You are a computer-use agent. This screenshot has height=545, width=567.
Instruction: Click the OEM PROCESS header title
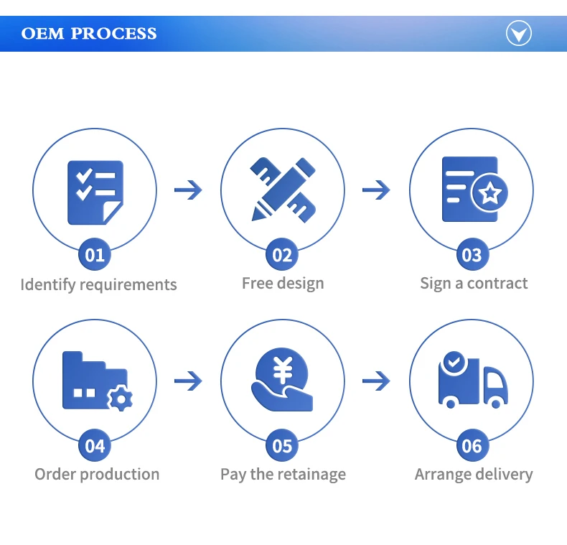click(89, 34)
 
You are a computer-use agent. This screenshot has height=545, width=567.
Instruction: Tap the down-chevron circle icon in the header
click(518, 33)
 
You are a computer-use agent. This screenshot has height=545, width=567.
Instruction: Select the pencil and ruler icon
click(283, 190)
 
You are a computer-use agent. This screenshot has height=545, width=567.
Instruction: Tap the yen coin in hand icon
click(283, 381)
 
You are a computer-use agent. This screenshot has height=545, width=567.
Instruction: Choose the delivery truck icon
click(472, 381)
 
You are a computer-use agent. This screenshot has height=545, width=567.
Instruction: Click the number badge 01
click(95, 255)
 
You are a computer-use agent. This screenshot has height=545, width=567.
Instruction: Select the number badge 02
click(283, 255)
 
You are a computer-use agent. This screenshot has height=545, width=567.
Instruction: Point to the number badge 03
click(472, 255)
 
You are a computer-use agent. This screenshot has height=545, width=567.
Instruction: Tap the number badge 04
click(95, 446)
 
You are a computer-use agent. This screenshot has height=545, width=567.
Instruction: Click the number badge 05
click(283, 446)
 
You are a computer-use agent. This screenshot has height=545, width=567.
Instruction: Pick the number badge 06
click(472, 446)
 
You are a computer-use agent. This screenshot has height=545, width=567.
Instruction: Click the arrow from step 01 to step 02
click(188, 190)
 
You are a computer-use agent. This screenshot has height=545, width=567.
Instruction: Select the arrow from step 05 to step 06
click(376, 381)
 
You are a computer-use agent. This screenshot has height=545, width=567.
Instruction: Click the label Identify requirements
click(98, 284)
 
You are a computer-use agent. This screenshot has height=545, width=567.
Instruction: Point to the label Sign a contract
click(474, 283)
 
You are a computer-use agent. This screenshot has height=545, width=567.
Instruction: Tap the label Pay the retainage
click(283, 474)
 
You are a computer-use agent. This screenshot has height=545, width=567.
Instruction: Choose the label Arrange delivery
click(474, 474)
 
